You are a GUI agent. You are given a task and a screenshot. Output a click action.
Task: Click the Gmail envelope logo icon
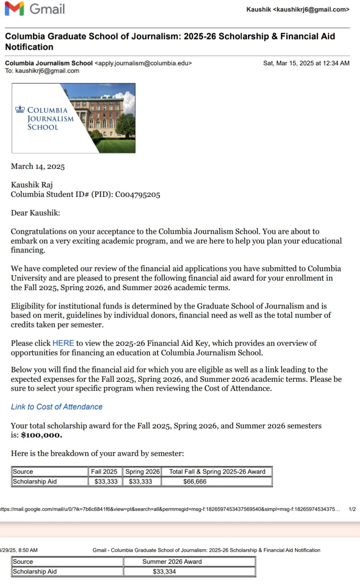click(x=14, y=9)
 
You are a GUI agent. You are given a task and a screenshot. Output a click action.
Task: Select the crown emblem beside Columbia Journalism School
click(x=20, y=110)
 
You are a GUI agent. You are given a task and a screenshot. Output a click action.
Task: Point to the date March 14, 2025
click(x=38, y=166)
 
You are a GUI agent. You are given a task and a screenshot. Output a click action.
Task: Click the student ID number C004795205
click(x=138, y=195)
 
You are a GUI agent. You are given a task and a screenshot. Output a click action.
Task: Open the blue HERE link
click(x=63, y=343)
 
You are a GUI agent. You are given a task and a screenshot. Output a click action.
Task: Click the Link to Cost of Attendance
click(x=57, y=407)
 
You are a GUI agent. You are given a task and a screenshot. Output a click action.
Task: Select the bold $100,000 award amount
click(x=41, y=435)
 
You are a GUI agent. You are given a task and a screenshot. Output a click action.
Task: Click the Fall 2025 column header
click(x=104, y=472)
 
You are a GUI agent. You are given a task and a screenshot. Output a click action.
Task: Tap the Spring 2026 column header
click(x=142, y=472)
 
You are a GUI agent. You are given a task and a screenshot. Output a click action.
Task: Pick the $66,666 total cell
click(x=195, y=481)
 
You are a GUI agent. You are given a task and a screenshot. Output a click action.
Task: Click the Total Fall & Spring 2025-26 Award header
click(x=217, y=472)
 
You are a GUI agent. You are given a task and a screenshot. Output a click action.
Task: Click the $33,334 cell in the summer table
click(x=164, y=571)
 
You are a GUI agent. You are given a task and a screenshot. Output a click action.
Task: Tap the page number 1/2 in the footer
click(x=352, y=509)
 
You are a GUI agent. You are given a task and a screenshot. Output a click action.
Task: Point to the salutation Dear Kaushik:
click(x=35, y=213)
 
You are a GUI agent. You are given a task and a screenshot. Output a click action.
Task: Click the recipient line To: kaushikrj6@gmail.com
click(x=42, y=71)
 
